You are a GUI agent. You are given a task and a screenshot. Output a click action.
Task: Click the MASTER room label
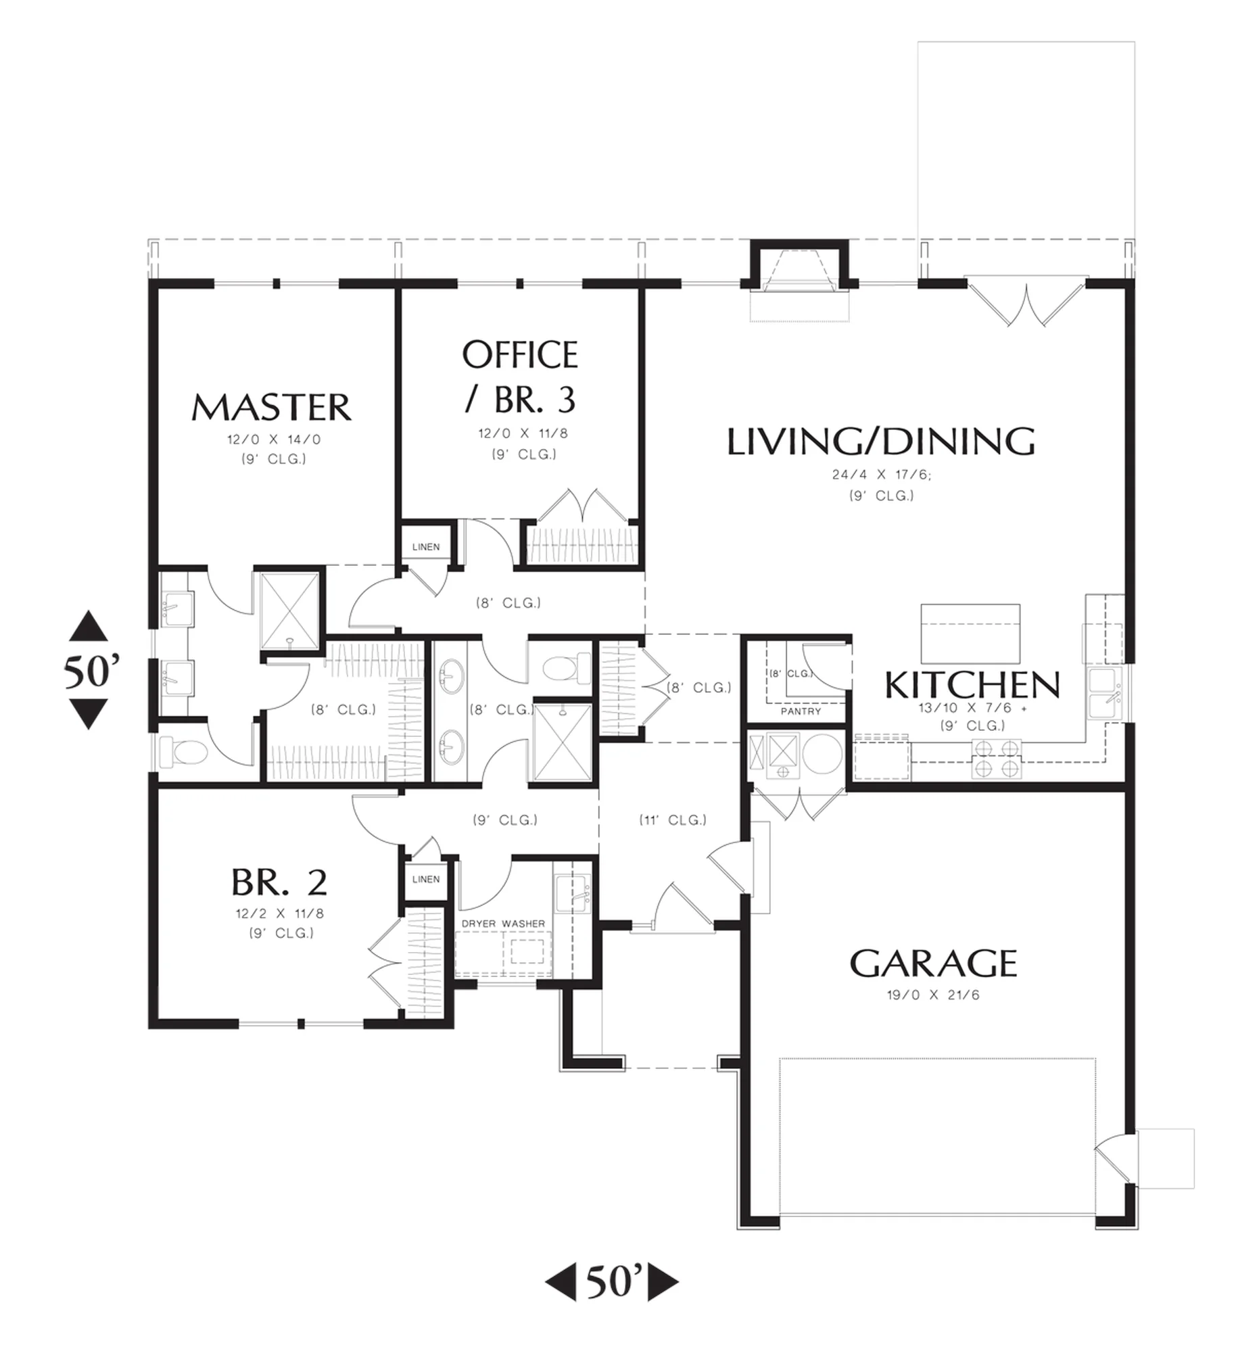271,407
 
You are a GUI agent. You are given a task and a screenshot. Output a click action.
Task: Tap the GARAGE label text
933,964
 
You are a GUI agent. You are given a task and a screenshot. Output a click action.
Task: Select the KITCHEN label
972,685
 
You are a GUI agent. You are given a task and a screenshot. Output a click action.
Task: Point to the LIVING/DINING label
881,441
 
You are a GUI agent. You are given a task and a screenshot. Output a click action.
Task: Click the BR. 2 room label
279,882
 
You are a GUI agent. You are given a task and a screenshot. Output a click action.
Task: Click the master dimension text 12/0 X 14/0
274,440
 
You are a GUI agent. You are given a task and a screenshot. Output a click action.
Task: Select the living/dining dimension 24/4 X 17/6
881,475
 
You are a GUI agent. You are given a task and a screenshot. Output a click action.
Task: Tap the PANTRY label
801,711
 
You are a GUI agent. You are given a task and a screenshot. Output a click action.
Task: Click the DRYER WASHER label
503,923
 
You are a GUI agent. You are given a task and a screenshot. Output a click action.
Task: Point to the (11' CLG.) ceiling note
673,820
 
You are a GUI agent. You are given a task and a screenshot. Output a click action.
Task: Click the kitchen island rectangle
970,634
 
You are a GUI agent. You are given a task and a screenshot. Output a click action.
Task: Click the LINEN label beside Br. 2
426,879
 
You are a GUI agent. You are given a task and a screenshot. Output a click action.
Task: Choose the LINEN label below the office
426,546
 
